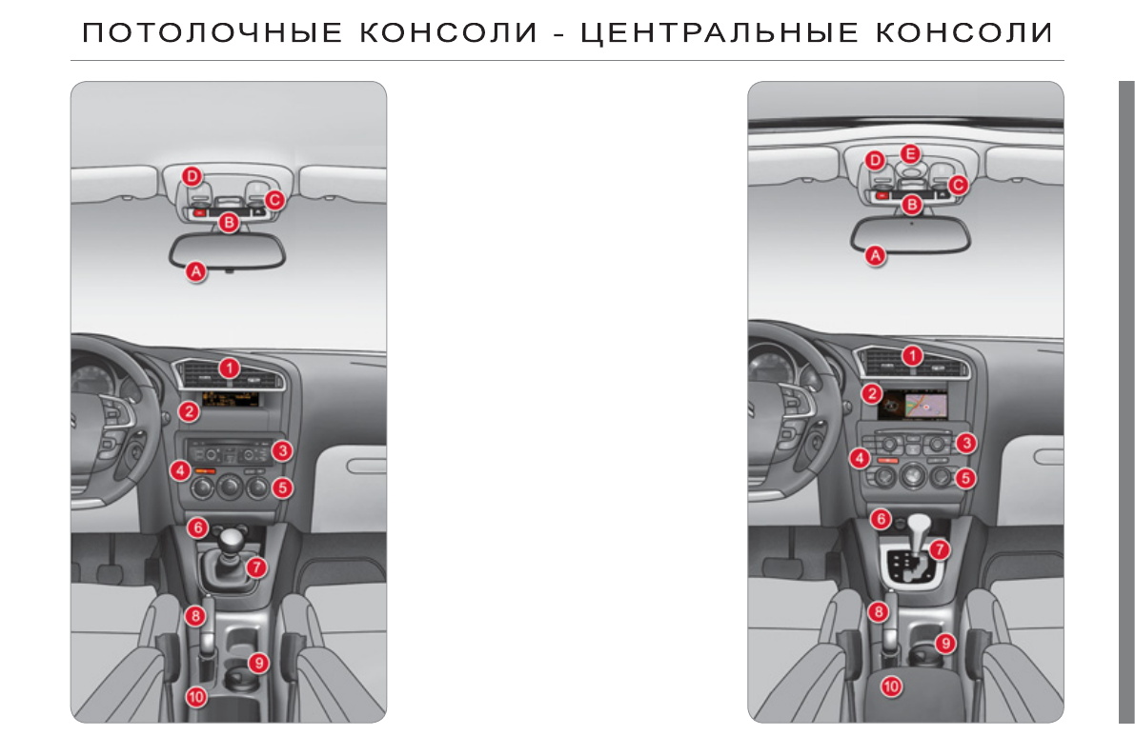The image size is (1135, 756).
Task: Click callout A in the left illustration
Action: [x=196, y=271]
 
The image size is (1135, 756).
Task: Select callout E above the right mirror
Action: [x=909, y=153]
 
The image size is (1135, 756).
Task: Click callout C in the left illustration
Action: [x=274, y=200]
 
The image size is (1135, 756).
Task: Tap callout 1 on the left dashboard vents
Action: [x=228, y=367]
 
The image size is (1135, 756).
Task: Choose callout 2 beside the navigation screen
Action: [x=870, y=392]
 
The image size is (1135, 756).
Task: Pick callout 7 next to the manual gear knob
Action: [x=254, y=567]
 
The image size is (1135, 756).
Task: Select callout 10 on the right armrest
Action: [x=891, y=685]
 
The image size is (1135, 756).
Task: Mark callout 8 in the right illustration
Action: [x=880, y=611]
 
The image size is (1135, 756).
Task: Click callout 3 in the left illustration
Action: [x=281, y=449]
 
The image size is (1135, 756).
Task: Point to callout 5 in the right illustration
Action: [x=966, y=478]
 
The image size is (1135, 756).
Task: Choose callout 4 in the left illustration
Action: [x=180, y=469]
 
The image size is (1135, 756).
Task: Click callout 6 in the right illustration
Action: [x=882, y=519]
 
